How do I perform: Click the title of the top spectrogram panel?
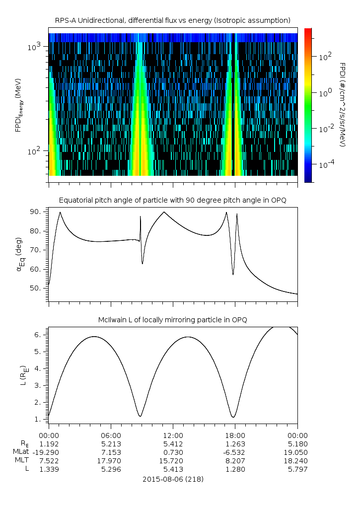(x=172, y=20)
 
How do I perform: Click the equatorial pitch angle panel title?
(x=172, y=200)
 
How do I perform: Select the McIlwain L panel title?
(x=172, y=320)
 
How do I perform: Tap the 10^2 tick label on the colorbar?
(x=325, y=57)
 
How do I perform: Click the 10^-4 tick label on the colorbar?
(x=326, y=164)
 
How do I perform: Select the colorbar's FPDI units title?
(x=342, y=104)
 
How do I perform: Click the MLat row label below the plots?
(x=22, y=452)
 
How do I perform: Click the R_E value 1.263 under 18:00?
(x=234, y=443)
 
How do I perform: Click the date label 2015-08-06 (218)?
(x=172, y=479)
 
